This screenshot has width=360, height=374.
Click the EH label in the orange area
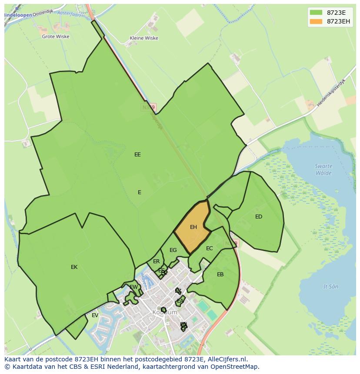pos(193,227)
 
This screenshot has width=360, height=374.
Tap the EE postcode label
pos(137,155)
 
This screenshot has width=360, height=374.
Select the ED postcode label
pos(259,217)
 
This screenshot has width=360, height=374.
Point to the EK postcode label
pos(74,267)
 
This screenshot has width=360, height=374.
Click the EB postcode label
pos(220,275)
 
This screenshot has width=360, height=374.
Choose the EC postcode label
pos(210,248)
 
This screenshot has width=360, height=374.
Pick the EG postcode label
pos(173,250)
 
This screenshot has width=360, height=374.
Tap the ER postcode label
pos(157,261)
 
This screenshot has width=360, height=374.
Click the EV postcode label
pos(95,315)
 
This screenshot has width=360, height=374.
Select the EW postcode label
pos(134,287)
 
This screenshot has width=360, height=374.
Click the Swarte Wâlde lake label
pos(323,169)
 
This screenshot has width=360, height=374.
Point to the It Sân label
pos(331,287)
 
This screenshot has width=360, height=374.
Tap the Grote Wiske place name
pos(55,36)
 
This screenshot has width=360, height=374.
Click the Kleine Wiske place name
pos(144,38)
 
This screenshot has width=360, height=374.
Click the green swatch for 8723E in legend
pos(316,13)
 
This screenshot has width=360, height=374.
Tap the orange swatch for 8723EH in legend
pos(316,21)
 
